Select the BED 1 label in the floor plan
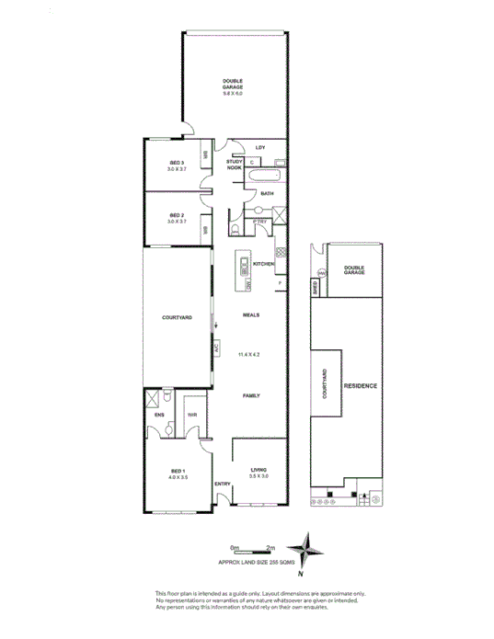[x=177, y=474]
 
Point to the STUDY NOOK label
[x=234, y=165]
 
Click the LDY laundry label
[x=260, y=147]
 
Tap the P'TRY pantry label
[x=260, y=221]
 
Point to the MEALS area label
[x=250, y=314]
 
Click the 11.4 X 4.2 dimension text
[x=250, y=353]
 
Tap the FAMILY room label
[x=250, y=396]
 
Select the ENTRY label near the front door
[x=222, y=484]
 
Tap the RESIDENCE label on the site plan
[x=360, y=386]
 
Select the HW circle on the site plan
[x=322, y=273]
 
